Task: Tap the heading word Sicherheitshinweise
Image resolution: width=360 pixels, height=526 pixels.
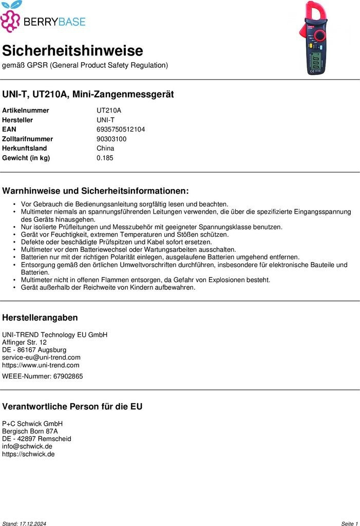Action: click(x=72, y=51)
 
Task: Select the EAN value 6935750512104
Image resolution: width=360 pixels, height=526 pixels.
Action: click(x=121, y=129)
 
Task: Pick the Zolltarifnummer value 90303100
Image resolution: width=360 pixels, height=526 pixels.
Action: click(x=111, y=139)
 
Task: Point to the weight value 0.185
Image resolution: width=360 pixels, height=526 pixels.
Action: click(x=105, y=158)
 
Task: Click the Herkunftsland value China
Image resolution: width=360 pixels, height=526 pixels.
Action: click(x=105, y=148)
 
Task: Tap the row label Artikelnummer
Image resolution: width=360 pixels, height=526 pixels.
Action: click(x=26, y=110)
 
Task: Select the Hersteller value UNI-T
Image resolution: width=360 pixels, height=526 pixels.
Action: click(x=105, y=120)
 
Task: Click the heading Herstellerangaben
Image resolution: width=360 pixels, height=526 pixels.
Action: click(x=40, y=318)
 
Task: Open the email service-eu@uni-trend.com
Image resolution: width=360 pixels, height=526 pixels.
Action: click(x=41, y=358)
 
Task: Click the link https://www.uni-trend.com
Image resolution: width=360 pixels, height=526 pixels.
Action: click(x=41, y=365)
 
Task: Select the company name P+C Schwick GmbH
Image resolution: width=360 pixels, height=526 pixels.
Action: click(x=32, y=424)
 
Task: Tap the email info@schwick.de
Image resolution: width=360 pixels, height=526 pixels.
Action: click(x=27, y=446)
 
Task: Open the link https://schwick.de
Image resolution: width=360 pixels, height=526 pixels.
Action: click(x=28, y=454)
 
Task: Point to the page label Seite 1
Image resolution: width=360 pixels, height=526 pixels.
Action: click(x=349, y=523)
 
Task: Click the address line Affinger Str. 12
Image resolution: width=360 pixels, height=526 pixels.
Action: click(x=24, y=342)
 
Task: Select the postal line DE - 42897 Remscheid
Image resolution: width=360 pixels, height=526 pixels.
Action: click(x=36, y=439)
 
